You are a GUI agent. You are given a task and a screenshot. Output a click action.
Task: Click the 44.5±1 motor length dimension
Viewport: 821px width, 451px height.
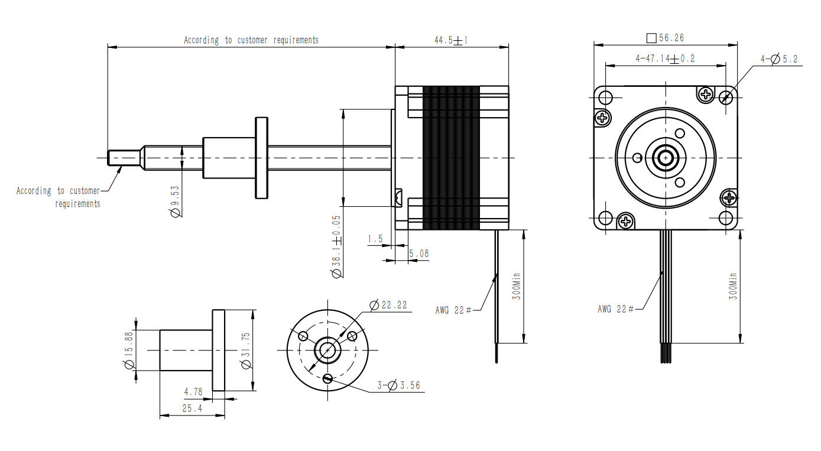click(451, 40)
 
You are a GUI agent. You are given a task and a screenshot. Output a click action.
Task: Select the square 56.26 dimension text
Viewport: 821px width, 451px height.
click(666, 38)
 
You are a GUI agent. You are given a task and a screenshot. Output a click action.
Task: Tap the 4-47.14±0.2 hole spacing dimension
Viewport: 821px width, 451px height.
click(665, 59)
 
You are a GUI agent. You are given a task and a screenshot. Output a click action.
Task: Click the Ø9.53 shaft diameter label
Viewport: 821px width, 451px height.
click(175, 202)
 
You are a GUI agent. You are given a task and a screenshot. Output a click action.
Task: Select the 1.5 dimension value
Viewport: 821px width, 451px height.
click(375, 239)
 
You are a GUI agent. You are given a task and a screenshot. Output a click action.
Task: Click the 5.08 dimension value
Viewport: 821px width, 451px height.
click(418, 254)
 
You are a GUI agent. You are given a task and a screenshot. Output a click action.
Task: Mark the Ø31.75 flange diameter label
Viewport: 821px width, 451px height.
click(246, 351)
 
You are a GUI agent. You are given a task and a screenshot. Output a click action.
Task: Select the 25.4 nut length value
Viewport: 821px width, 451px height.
click(192, 408)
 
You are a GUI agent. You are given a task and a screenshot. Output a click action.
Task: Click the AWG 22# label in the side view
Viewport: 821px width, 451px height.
click(453, 310)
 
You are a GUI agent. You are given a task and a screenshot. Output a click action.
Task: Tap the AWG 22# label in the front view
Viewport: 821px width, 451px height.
click(615, 309)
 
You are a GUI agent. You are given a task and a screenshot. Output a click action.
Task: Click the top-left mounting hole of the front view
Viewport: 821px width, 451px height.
click(605, 97)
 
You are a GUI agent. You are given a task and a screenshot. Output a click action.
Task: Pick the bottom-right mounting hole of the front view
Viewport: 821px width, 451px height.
click(727, 218)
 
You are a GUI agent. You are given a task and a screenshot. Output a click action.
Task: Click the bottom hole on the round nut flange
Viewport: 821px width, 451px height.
click(327, 379)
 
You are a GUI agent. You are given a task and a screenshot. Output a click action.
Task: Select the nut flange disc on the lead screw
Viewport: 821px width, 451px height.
click(262, 158)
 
